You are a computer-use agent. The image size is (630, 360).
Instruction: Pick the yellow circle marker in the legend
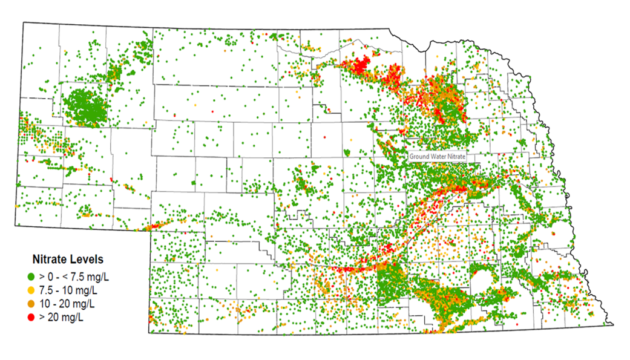tap(31, 290)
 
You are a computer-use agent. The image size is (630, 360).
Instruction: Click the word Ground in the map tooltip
tap(419, 156)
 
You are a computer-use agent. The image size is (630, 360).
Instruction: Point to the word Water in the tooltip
tap(439, 156)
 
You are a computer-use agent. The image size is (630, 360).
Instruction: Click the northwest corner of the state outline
tap(23, 23)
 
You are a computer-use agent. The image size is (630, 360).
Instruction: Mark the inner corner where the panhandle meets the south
tap(149, 230)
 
